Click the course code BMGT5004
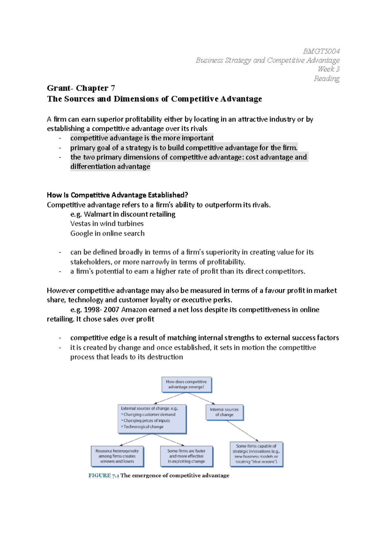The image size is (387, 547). pos(321,51)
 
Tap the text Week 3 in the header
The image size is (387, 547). pos(328,69)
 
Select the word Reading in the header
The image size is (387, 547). pos(326,79)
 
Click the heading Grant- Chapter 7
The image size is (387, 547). pos(81,88)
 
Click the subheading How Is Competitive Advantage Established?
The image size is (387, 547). pos(117,195)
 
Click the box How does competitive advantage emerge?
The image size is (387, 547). pos(186,384)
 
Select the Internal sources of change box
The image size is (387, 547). pos(224,412)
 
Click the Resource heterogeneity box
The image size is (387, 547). pos(117,456)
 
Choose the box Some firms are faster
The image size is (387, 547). pos(186,456)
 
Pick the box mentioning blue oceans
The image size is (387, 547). pos(256,454)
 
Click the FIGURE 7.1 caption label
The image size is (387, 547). pos(104,475)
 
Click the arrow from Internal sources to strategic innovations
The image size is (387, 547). pos(242,431)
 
